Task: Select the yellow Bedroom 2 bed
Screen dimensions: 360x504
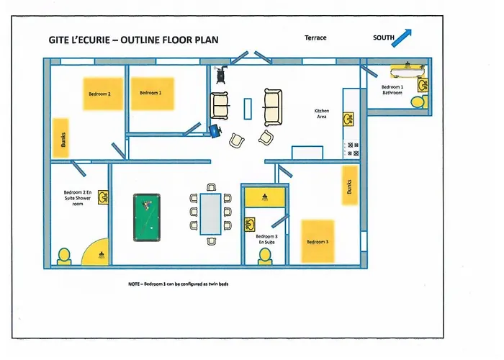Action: coord(99,94)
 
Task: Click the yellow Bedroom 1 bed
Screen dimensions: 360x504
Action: coord(151,94)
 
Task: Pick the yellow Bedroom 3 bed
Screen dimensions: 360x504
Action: coord(318,241)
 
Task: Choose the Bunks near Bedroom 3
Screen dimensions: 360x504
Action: coord(350,186)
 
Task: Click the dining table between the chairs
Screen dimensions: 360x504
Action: coord(210,214)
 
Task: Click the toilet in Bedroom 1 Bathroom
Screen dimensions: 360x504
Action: coord(418,102)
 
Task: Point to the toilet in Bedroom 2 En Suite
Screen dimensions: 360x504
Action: coord(64,256)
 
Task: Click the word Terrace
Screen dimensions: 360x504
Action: coord(315,37)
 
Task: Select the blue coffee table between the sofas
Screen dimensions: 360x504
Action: coord(248,107)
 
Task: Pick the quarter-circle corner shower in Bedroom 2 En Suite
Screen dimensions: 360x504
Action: coord(97,251)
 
